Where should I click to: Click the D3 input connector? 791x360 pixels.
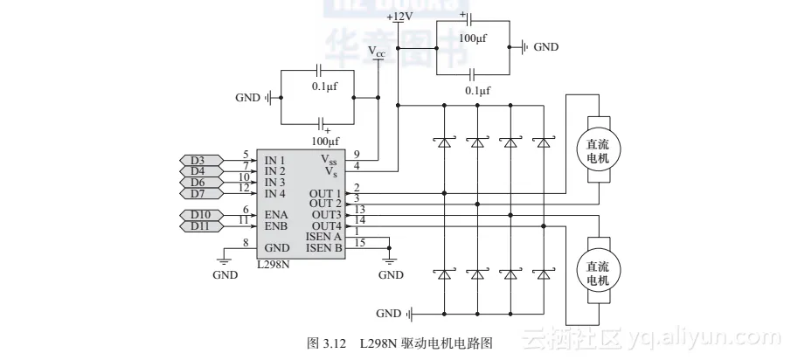(198, 161)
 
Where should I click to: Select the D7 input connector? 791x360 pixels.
(198, 193)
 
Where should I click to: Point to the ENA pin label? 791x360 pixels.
(276, 215)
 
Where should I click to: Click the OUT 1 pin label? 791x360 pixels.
(326, 193)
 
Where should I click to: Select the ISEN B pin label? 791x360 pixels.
(324, 247)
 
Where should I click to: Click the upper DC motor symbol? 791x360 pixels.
(599, 149)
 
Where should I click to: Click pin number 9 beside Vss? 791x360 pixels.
(357, 155)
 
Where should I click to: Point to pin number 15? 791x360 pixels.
(358, 242)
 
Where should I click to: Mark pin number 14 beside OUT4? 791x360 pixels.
(358, 220)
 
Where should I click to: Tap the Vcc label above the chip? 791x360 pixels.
(377, 52)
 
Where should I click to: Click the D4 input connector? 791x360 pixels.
(198, 171)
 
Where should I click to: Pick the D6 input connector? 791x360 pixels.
(198, 183)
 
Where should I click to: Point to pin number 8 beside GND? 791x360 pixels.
(246, 242)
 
